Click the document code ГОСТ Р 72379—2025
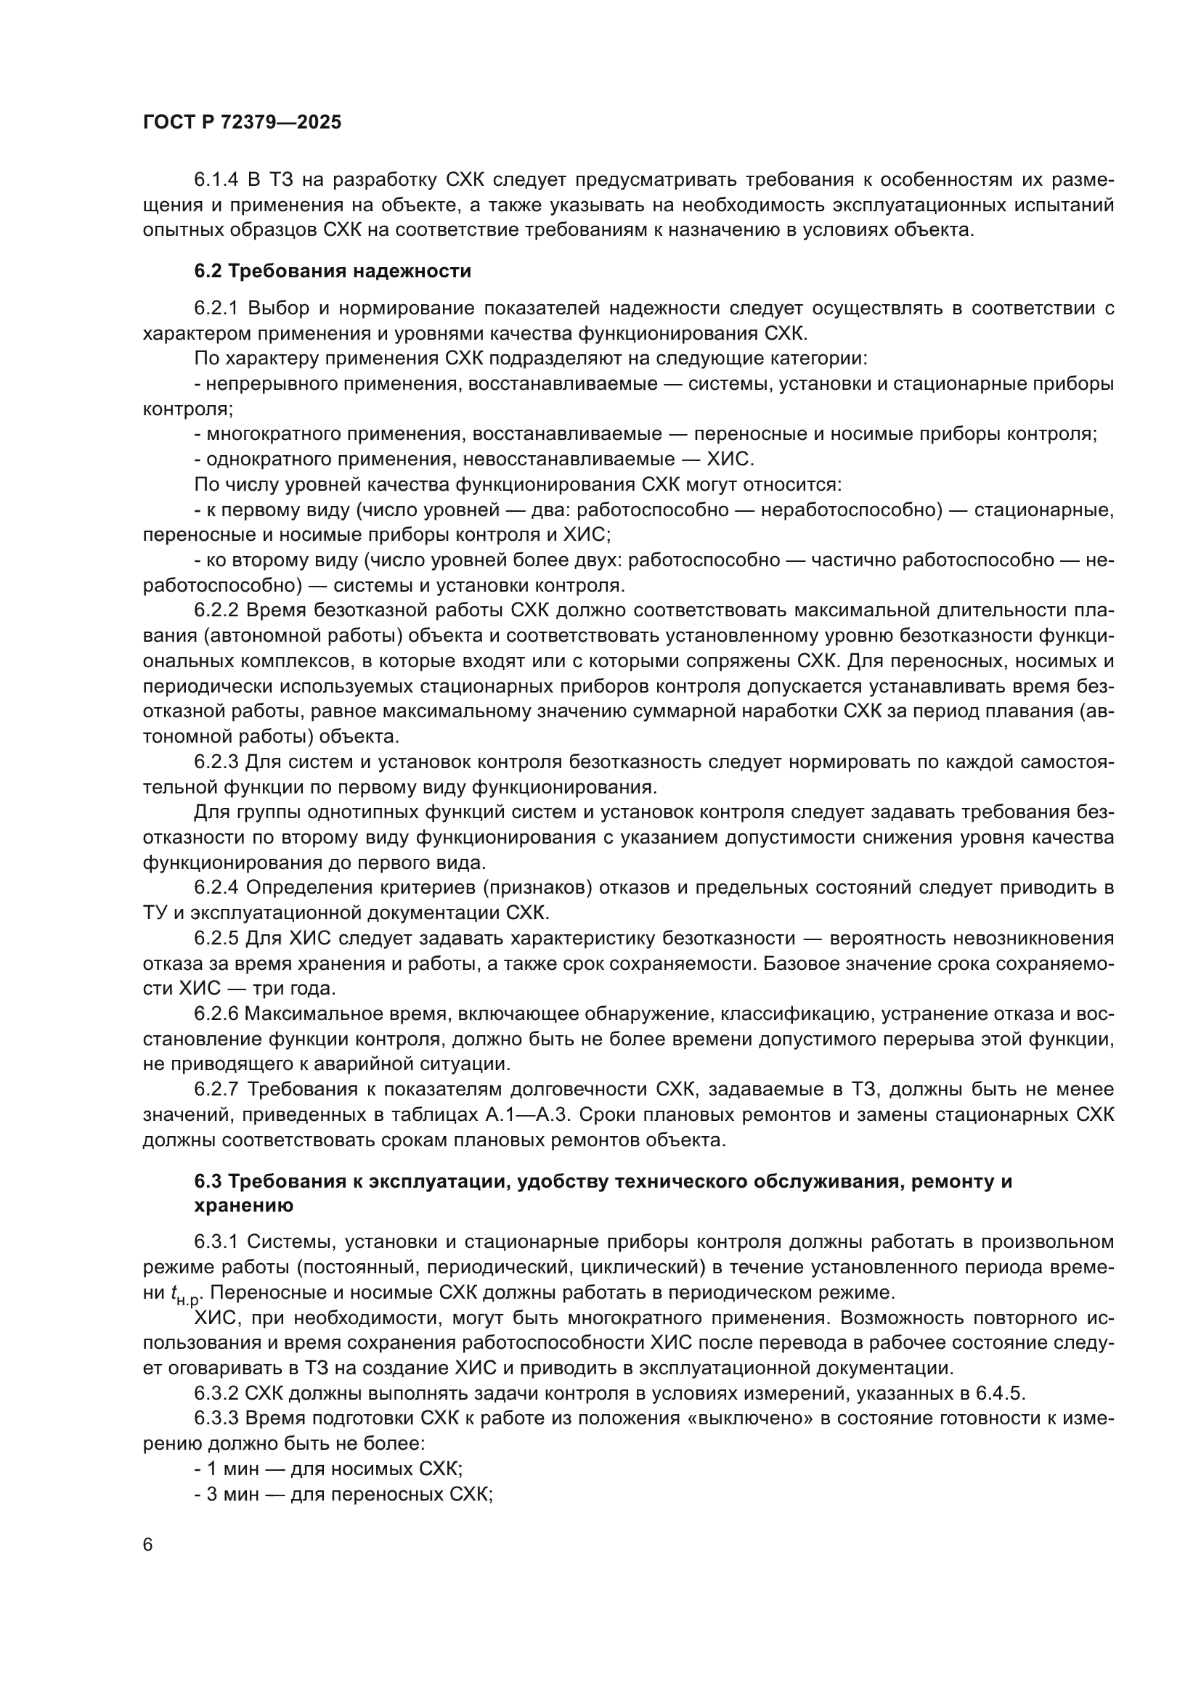pyautogui.click(x=242, y=123)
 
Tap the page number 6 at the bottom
pyautogui.click(x=148, y=1545)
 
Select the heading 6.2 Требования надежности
pyautogui.click(x=332, y=272)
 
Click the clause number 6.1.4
pyautogui.click(x=215, y=180)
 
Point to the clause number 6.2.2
pyautogui.click(x=215, y=610)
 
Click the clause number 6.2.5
pyautogui.click(x=215, y=939)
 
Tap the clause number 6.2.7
pyautogui.click(x=215, y=1090)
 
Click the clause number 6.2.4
pyautogui.click(x=215, y=887)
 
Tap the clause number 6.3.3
pyautogui.click(x=215, y=1419)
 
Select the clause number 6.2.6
pyautogui.click(x=215, y=1014)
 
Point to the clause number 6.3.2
pyautogui.click(x=215, y=1393)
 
